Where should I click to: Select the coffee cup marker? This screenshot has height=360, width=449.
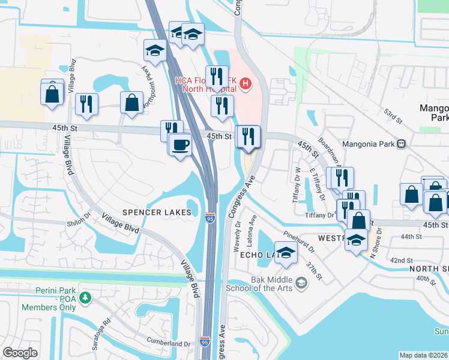(180, 145)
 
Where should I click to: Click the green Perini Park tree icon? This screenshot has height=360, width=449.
(86, 297)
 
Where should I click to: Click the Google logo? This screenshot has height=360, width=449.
(20, 353)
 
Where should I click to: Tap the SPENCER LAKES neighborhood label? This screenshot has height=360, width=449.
(157, 212)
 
